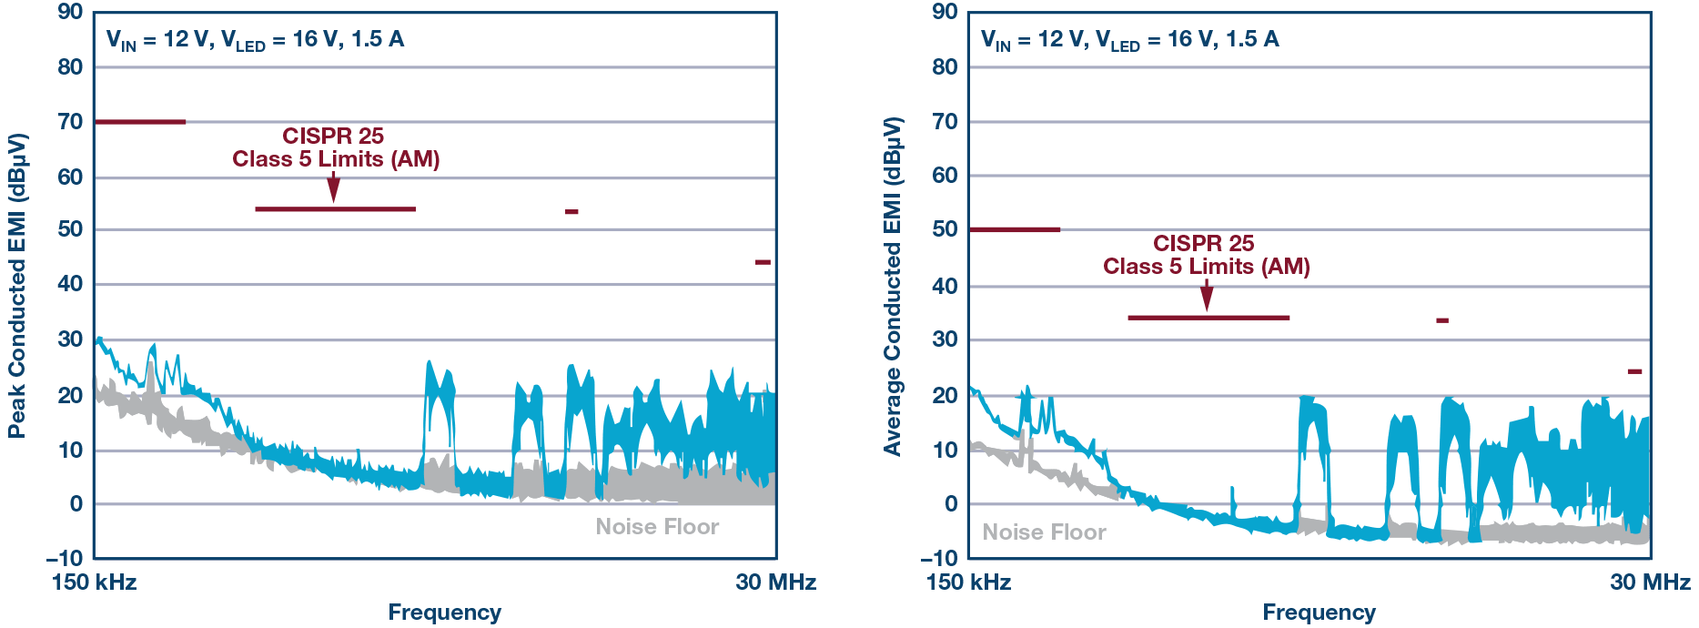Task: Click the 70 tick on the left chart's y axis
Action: point(70,121)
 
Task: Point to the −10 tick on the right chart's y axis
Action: point(939,558)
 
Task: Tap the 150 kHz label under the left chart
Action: point(94,582)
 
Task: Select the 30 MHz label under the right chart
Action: point(1650,582)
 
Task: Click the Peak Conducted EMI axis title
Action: point(17,286)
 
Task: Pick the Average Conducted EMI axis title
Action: point(892,286)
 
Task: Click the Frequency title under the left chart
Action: point(444,613)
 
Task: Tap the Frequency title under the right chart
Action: point(1319,613)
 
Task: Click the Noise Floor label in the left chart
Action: point(657,527)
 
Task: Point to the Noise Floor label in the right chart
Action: point(1044,532)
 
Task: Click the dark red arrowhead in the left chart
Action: point(334,191)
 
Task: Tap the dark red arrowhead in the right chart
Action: point(1207,299)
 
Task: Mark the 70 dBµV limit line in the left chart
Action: point(140,122)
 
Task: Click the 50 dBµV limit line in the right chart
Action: point(1015,229)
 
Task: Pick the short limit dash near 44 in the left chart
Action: point(763,262)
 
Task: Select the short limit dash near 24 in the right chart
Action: point(1634,371)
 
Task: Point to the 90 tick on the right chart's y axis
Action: point(945,12)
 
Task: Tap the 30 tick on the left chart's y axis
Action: point(70,339)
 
